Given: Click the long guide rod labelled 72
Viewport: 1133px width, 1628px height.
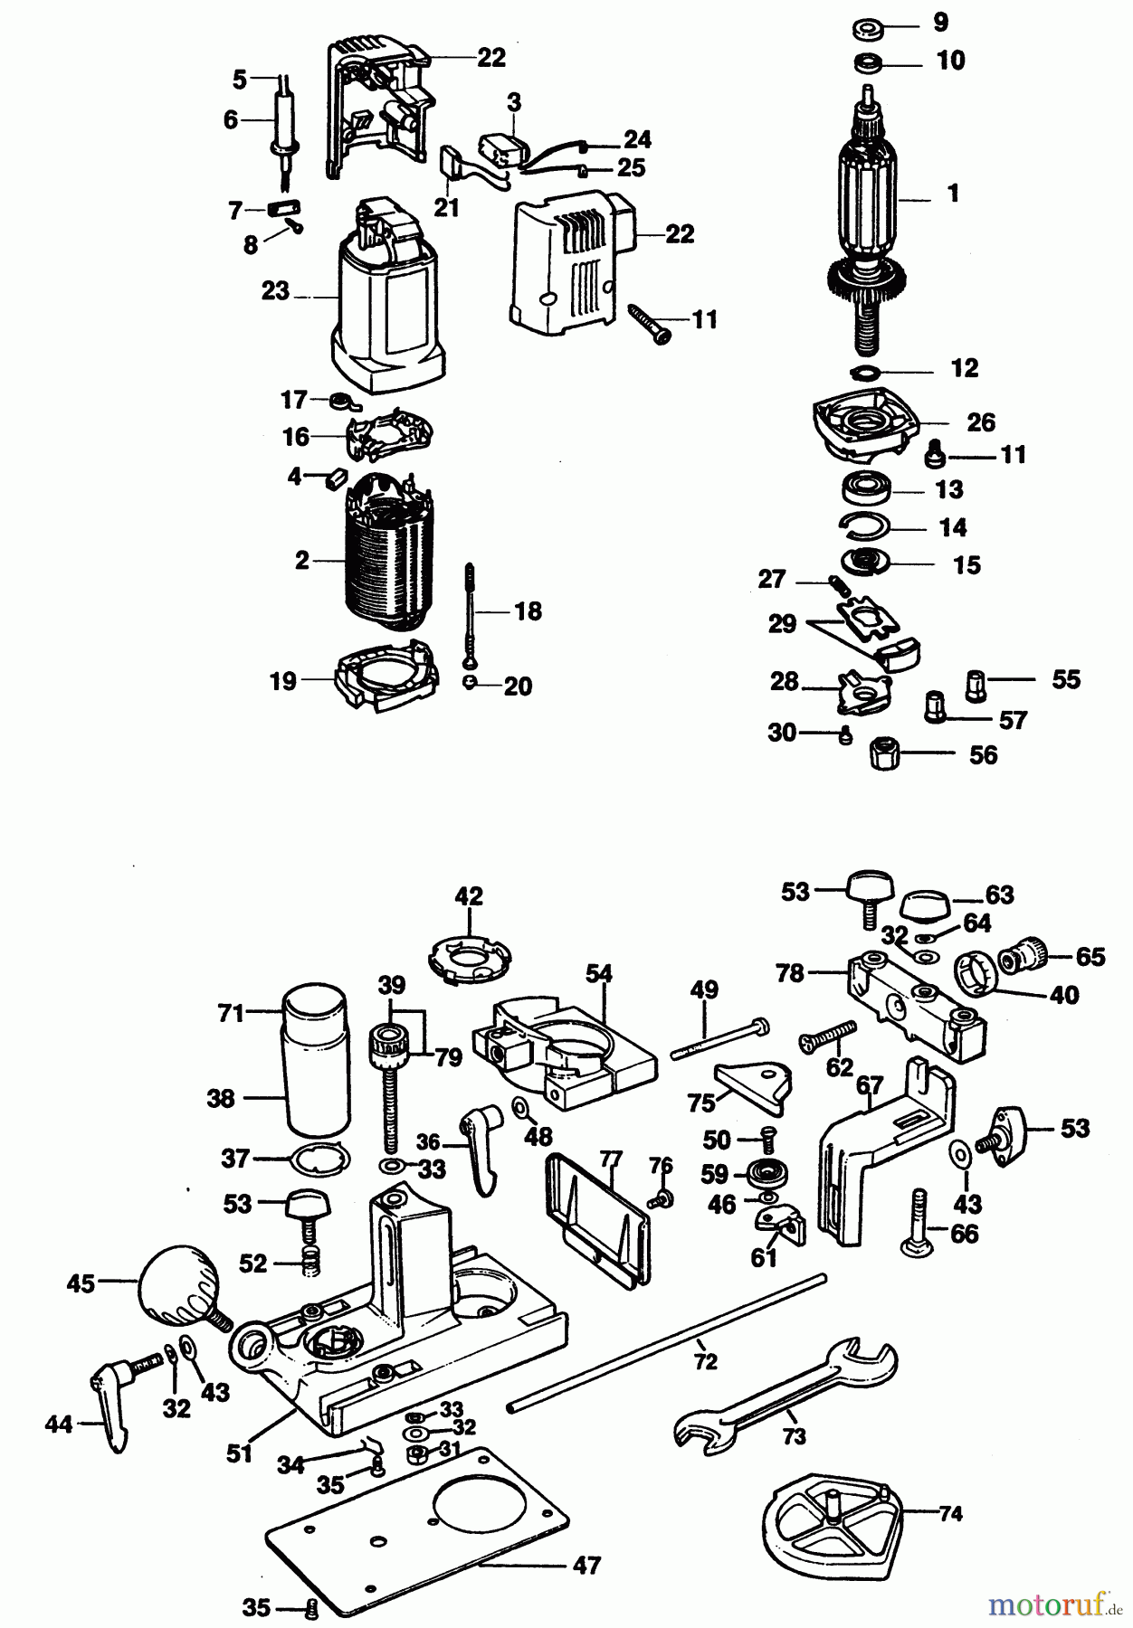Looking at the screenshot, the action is click(667, 1343).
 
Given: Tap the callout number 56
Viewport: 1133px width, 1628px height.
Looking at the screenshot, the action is click(983, 755).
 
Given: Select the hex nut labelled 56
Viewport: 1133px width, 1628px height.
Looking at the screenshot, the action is click(883, 753).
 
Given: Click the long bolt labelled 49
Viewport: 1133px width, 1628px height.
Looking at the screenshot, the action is click(719, 1039).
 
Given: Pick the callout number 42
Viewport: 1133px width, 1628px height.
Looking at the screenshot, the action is click(469, 896).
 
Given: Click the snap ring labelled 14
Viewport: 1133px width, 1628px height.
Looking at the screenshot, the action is click(864, 524).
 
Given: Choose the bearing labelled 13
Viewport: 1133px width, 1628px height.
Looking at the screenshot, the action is click(867, 488).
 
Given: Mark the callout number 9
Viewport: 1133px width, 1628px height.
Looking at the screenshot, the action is click(940, 22).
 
